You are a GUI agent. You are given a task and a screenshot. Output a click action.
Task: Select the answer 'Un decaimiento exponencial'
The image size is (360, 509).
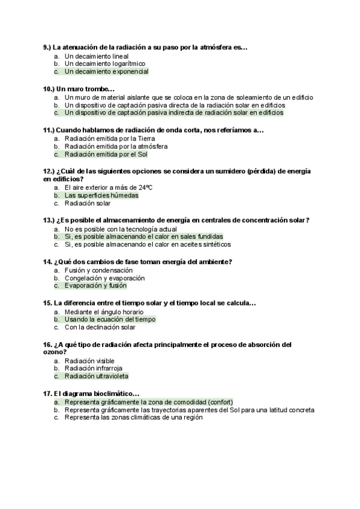pos(106,71)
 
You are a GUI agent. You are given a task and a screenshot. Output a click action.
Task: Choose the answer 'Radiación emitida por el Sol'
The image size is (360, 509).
pos(106,154)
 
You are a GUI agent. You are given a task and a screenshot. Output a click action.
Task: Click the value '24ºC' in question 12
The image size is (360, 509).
pos(145,187)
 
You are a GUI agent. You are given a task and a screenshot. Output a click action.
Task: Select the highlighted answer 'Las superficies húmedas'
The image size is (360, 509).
pos(101,195)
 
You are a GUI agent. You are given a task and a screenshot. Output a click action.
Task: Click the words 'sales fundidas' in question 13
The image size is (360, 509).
pos(201,236)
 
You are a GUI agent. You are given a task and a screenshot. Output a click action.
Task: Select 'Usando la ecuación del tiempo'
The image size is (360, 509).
pos(110,319)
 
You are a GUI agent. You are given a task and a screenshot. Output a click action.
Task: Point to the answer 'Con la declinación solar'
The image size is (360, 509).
pos(100,327)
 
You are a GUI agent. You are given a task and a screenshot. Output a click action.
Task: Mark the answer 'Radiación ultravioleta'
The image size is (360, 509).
pos(97,376)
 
